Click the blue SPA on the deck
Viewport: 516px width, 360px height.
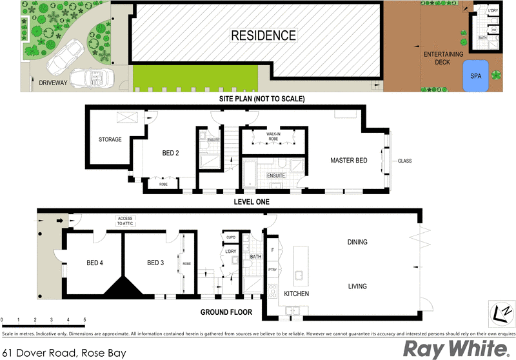(476, 75)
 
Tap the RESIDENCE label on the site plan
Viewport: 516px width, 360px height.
(263, 35)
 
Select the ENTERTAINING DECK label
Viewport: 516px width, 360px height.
(443, 59)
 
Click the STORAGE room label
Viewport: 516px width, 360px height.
(110, 139)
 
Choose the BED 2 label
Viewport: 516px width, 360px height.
(170, 154)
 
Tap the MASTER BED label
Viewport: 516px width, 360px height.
(348, 160)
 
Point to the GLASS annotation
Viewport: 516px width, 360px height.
(404, 161)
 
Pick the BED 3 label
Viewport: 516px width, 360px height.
(155, 263)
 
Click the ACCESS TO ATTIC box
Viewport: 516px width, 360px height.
(125, 221)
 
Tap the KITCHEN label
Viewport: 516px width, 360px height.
(296, 294)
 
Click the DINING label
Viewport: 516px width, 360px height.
(357, 243)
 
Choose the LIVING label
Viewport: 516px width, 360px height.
(357, 286)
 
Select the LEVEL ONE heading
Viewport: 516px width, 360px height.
(251, 202)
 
